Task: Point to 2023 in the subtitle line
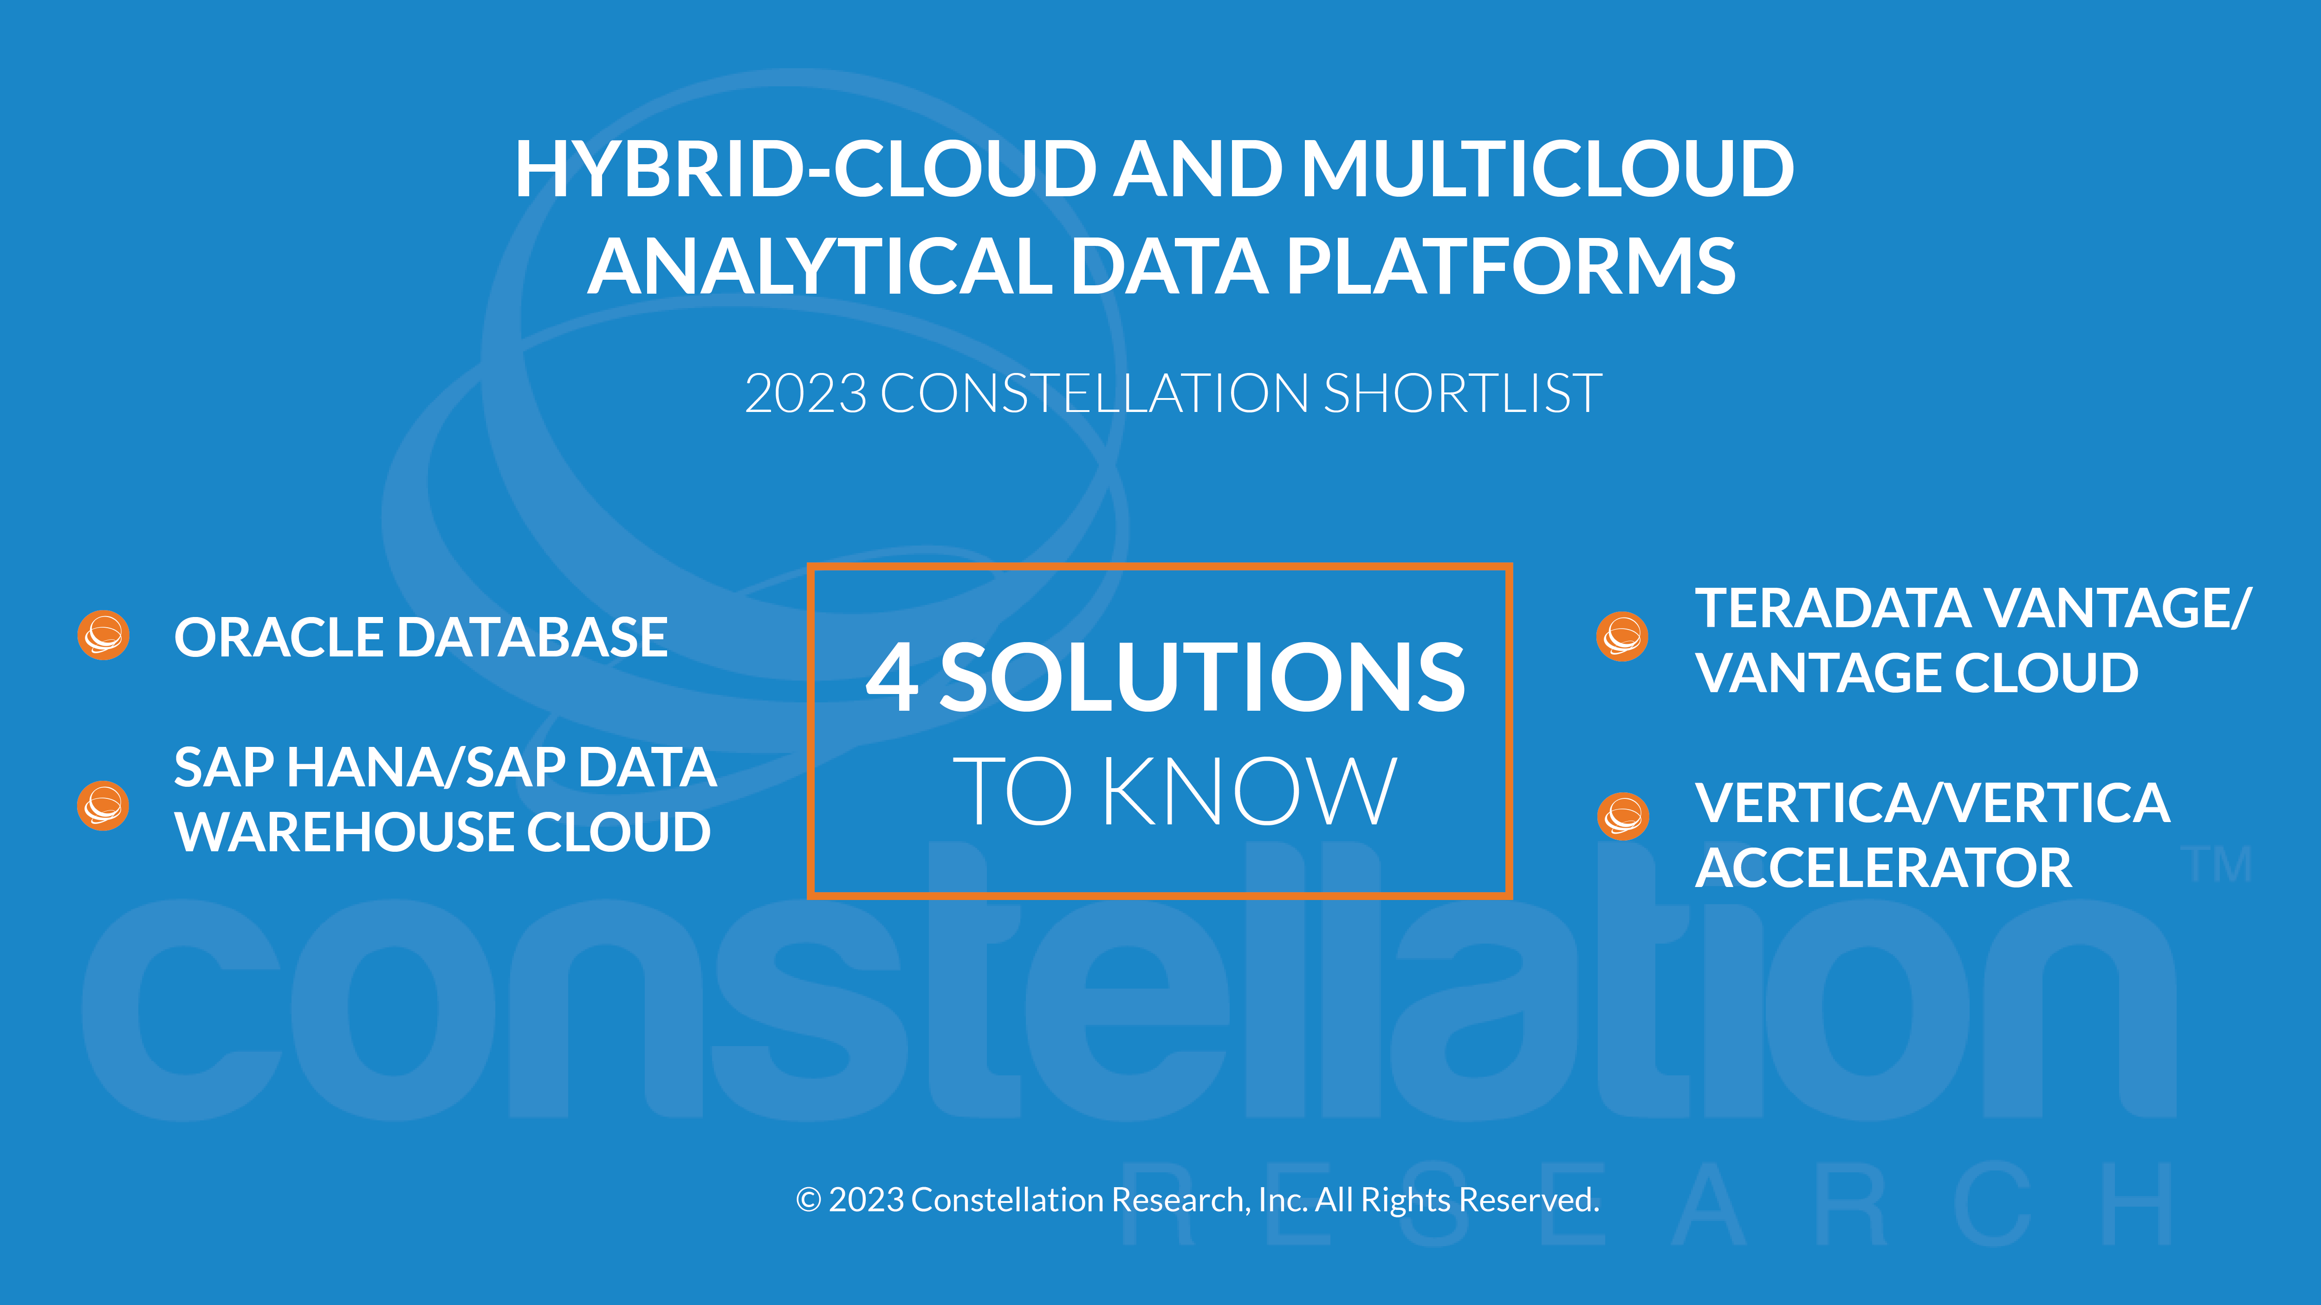pyautogui.click(x=805, y=393)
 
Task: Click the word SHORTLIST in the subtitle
pyautogui.click(x=1463, y=393)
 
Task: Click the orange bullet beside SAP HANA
pyautogui.click(x=103, y=805)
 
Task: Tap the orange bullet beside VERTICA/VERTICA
pyautogui.click(x=1623, y=816)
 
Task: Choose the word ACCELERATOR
pyautogui.click(x=1883, y=868)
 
